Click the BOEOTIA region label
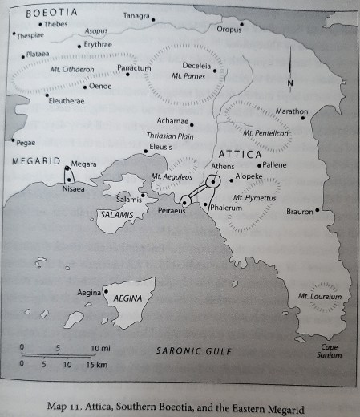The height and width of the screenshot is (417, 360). pyautogui.click(x=52, y=14)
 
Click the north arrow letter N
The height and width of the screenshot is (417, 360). pyautogui.click(x=291, y=83)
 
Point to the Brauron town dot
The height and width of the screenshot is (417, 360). pyautogui.click(x=318, y=211)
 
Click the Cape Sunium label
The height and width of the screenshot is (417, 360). pyautogui.click(x=330, y=350)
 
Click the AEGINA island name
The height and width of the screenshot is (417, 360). pyautogui.click(x=127, y=297)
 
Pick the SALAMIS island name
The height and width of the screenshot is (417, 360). pyautogui.click(x=115, y=216)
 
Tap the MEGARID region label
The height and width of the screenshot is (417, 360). pyautogui.click(x=32, y=161)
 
